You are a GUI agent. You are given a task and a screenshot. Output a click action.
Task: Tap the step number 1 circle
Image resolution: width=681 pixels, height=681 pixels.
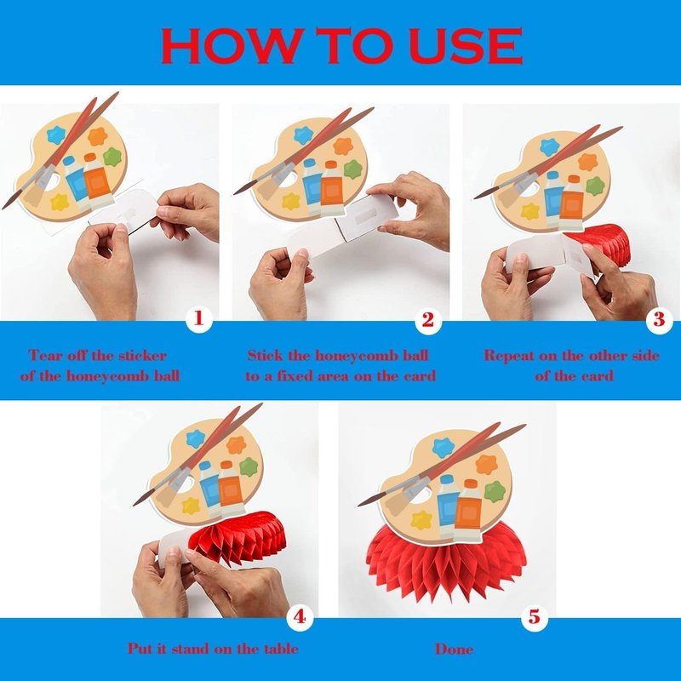198,319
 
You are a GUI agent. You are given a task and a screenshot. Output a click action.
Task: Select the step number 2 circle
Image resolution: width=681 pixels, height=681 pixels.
428,321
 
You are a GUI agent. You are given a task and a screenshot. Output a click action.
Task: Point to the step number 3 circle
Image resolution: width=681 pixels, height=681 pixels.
659,320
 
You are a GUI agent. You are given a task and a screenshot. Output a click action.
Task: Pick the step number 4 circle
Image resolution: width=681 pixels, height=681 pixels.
300,616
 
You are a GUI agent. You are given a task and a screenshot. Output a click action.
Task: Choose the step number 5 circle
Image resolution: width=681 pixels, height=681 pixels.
535,616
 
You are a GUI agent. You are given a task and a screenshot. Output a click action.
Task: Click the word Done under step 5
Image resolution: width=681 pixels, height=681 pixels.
455,649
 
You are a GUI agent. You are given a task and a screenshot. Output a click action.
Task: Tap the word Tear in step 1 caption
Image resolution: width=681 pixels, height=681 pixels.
44,355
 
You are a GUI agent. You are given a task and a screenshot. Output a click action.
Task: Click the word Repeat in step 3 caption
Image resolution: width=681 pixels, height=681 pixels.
509,356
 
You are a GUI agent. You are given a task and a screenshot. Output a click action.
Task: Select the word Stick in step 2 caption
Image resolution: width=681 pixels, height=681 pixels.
265,355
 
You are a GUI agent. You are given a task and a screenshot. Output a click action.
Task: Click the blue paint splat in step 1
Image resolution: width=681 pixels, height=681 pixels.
56,135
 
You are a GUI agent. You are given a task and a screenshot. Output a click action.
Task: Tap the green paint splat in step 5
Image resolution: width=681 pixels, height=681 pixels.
495,492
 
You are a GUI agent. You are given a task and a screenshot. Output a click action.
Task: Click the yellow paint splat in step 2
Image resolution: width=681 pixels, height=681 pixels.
291,201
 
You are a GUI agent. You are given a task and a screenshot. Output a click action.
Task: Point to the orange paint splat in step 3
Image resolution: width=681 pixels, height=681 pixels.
588,163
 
